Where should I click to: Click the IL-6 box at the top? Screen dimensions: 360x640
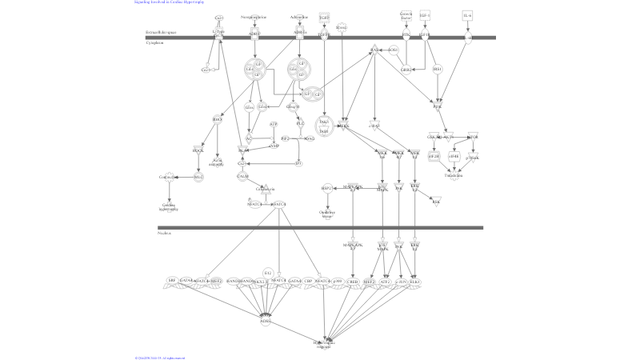pyautogui.click(x=467, y=15)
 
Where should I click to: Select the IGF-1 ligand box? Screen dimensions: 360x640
pyautogui.click(x=425, y=15)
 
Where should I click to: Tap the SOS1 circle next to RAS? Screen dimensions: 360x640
pyautogui.click(x=393, y=50)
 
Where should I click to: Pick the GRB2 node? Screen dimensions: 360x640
pyautogui.click(x=406, y=70)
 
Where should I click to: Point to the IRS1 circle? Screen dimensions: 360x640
pyautogui.click(x=437, y=70)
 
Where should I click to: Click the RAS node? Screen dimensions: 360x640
pyautogui.click(x=373, y=50)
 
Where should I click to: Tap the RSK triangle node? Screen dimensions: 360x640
pyautogui.click(x=436, y=202)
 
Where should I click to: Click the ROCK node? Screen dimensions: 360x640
pyautogui.click(x=198, y=150)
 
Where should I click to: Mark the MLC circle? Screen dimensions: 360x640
pyautogui.click(x=198, y=177)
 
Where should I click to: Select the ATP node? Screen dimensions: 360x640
pyautogui.click(x=273, y=125)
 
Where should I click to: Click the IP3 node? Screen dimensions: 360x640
pyautogui.click(x=298, y=163)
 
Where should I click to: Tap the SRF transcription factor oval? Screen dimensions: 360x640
pyautogui.click(x=171, y=281)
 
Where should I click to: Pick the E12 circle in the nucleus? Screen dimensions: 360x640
pyautogui.click(x=267, y=273)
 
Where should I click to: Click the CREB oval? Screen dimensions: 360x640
pyautogui.click(x=353, y=282)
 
